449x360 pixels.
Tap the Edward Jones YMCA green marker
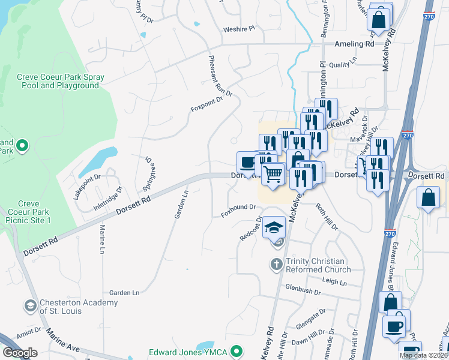237,351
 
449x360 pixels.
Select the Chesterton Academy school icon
29,307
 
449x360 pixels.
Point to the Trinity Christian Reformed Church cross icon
276,265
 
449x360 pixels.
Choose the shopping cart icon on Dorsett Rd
273,175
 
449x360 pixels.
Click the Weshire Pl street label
239,28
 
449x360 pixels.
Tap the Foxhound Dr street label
238,208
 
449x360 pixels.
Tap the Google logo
20,353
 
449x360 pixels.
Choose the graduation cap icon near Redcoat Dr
274,227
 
